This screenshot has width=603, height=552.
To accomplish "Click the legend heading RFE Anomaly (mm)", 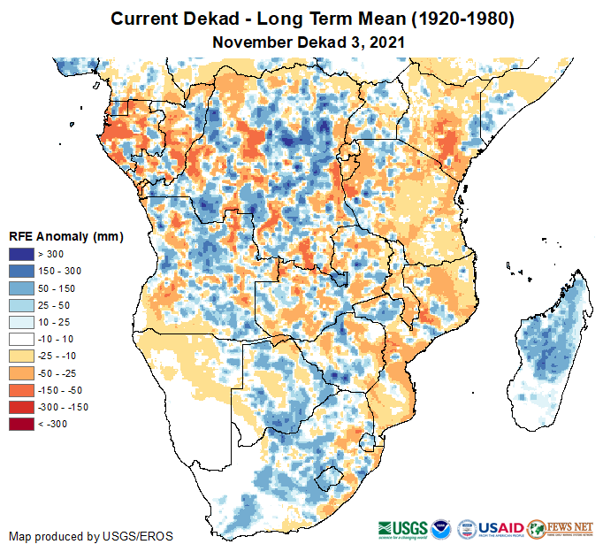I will tap(65, 237).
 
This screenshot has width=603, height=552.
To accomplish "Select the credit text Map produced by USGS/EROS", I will tap(91, 536).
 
